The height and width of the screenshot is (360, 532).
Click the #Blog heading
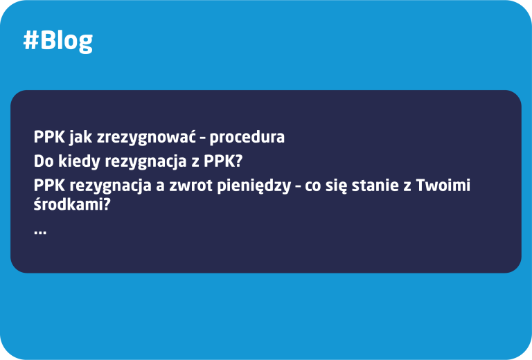[57, 41]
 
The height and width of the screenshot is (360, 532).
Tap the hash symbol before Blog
[30, 41]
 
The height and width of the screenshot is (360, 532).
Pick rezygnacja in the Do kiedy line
[142, 162]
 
